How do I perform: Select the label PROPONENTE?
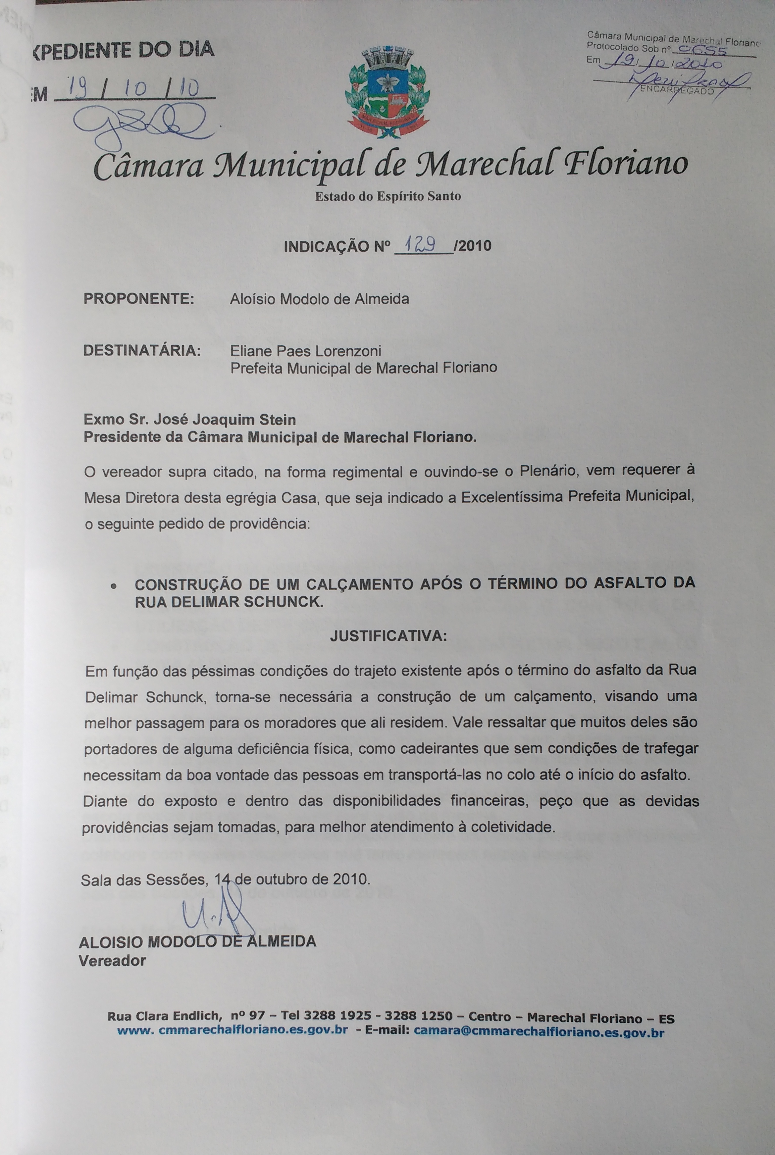139,299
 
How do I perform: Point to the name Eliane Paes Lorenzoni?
305,351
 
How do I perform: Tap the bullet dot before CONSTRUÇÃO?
114,587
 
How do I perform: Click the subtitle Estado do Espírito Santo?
388,197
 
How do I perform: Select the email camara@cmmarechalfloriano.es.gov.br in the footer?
539,1032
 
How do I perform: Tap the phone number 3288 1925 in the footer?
337,1016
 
